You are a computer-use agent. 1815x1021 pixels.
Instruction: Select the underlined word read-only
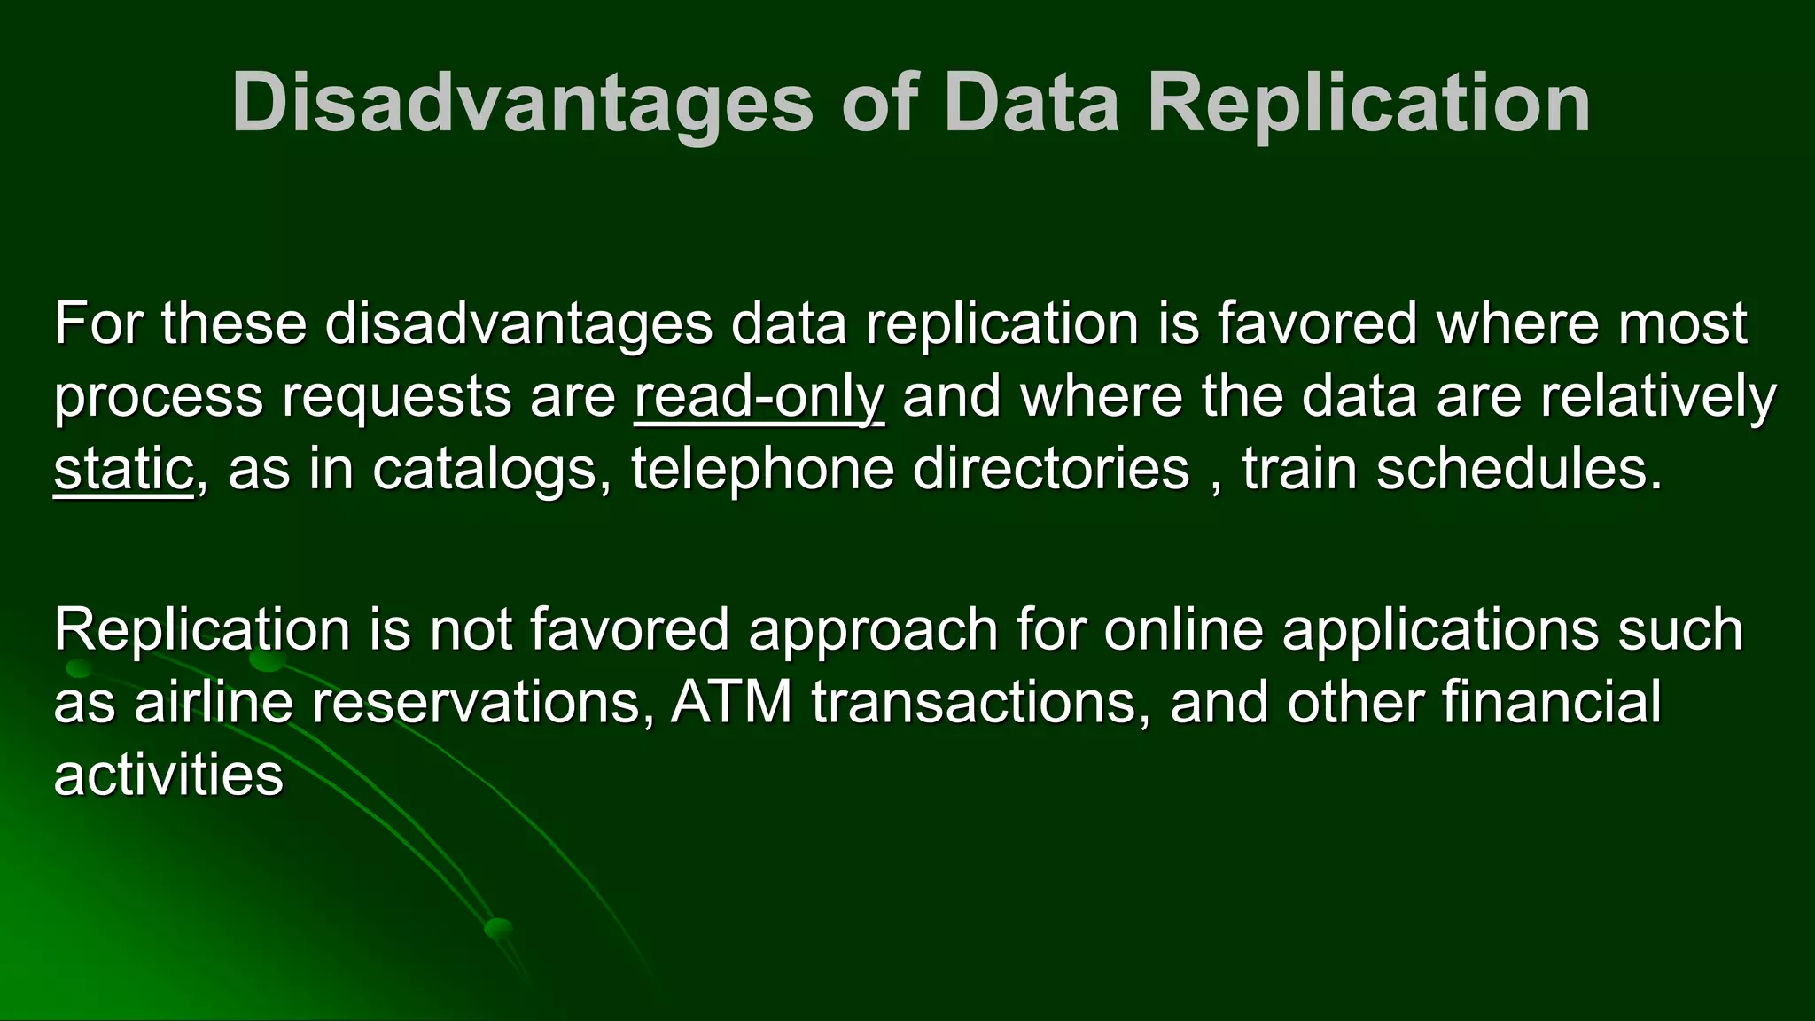pyautogui.click(x=759, y=396)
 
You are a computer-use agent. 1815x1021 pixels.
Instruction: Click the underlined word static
pyautogui.click(x=123, y=469)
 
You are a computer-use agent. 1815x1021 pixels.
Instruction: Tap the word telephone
pyautogui.click(x=762, y=469)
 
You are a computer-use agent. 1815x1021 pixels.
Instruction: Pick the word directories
pyautogui.click(x=1050, y=469)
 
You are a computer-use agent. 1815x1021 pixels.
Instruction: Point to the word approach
pyautogui.click(x=873, y=630)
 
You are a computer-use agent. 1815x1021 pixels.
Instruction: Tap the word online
pyautogui.click(x=1183, y=630)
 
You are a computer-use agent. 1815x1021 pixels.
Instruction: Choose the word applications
pyautogui.click(x=1440, y=630)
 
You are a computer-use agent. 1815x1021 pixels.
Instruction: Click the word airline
pyautogui.click(x=214, y=703)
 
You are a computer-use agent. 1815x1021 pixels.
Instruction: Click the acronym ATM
pyautogui.click(x=731, y=703)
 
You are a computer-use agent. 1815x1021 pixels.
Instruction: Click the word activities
pyautogui.click(x=168, y=775)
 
